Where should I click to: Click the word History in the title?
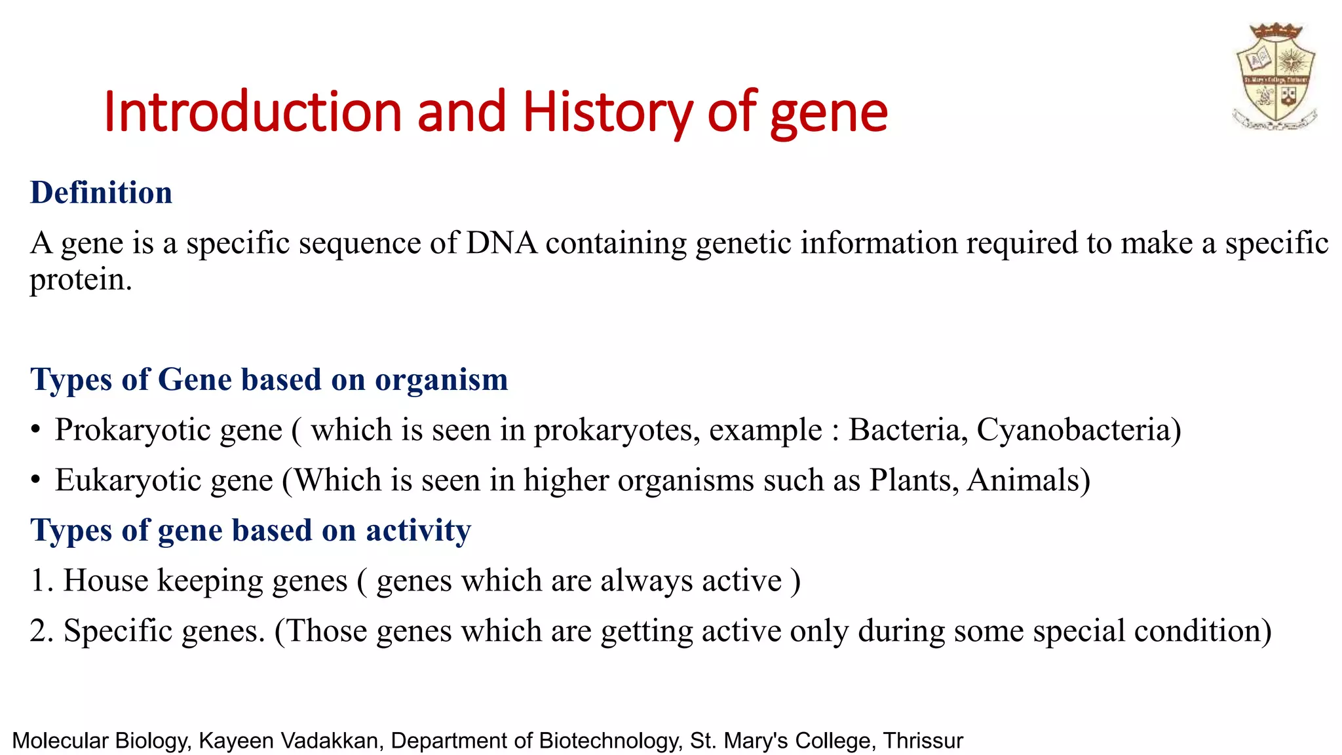tap(607, 113)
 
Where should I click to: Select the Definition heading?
tap(101, 193)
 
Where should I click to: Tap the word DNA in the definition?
tap(501, 243)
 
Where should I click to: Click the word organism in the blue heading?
tap(441, 380)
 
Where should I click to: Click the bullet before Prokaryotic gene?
tap(36, 431)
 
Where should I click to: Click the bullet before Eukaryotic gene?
tap(36, 481)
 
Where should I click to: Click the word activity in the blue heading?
tap(418, 530)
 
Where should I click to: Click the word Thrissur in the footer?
tap(923, 741)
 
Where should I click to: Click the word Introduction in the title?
tap(252, 113)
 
